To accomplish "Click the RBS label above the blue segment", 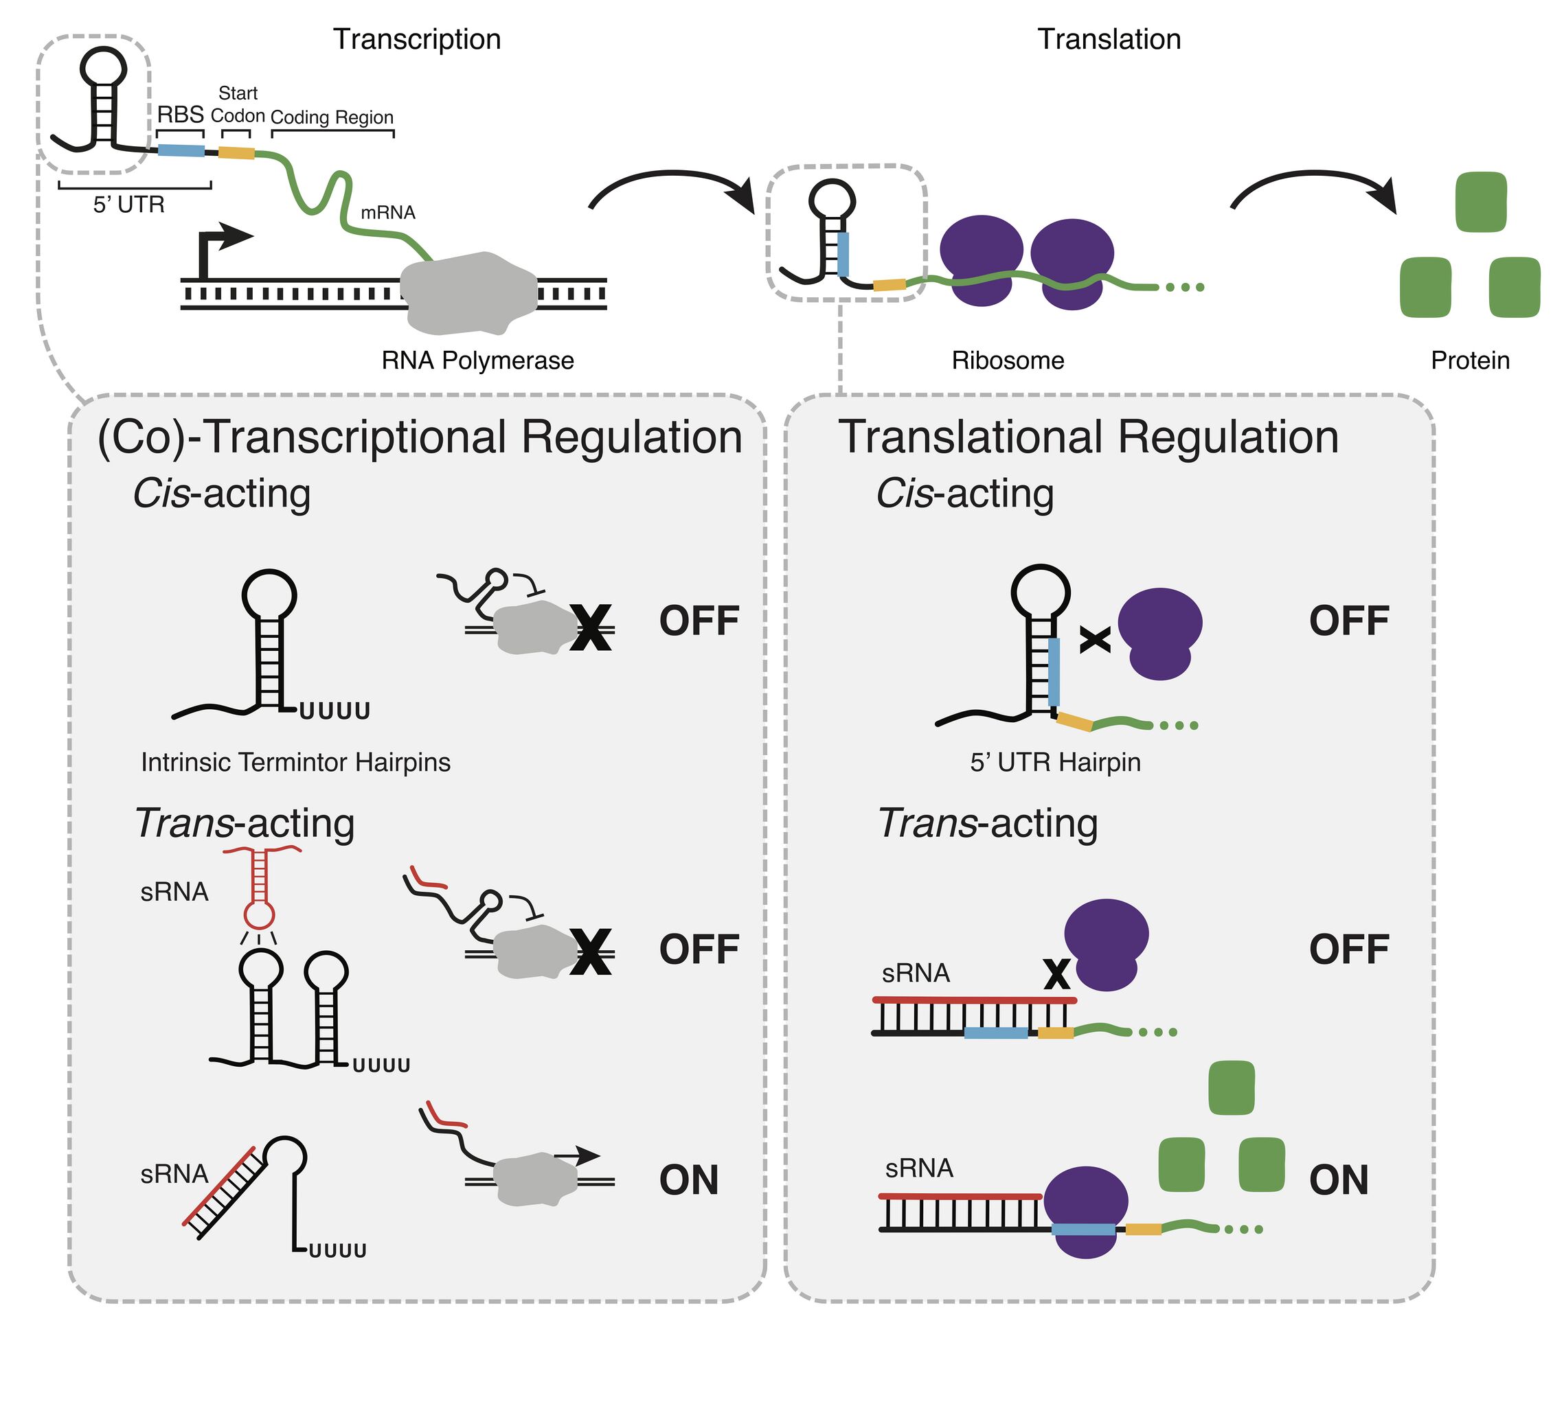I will (x=180, y=115).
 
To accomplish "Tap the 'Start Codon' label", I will (x=237, y=105).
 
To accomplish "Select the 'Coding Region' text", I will (x=332, y=117).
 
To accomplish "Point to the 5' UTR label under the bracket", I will (x=129, y=205).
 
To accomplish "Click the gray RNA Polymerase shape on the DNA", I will (x=468, y=294).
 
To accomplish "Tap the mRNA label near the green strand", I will (x=388, y=212).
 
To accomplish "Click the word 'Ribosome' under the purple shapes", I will (x=1008, y=361).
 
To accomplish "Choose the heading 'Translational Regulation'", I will (x=1088, y=437).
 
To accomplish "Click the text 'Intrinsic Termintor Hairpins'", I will (x=295, y=763).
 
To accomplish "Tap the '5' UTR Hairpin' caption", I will (x=1055, y=763).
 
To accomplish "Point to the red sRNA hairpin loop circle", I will (x=259, y=915).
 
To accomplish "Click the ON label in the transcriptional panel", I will (x=688, y=1180).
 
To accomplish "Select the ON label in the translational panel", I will (x=1338, y=1180).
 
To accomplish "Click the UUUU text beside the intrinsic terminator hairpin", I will (x=335, y=711).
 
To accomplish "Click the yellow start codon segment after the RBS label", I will (x=236, y=153).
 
